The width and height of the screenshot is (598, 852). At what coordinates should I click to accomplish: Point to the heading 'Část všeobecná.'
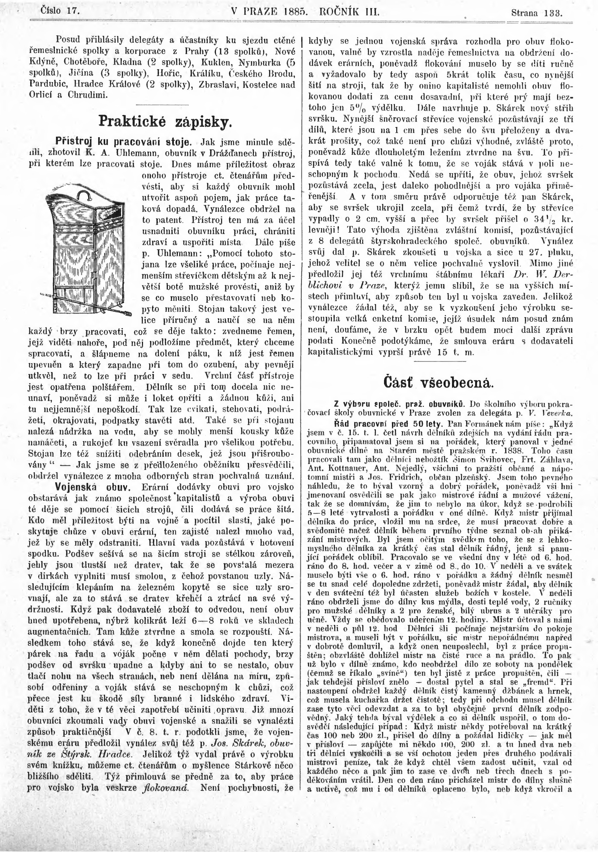(x=439, y=383)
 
